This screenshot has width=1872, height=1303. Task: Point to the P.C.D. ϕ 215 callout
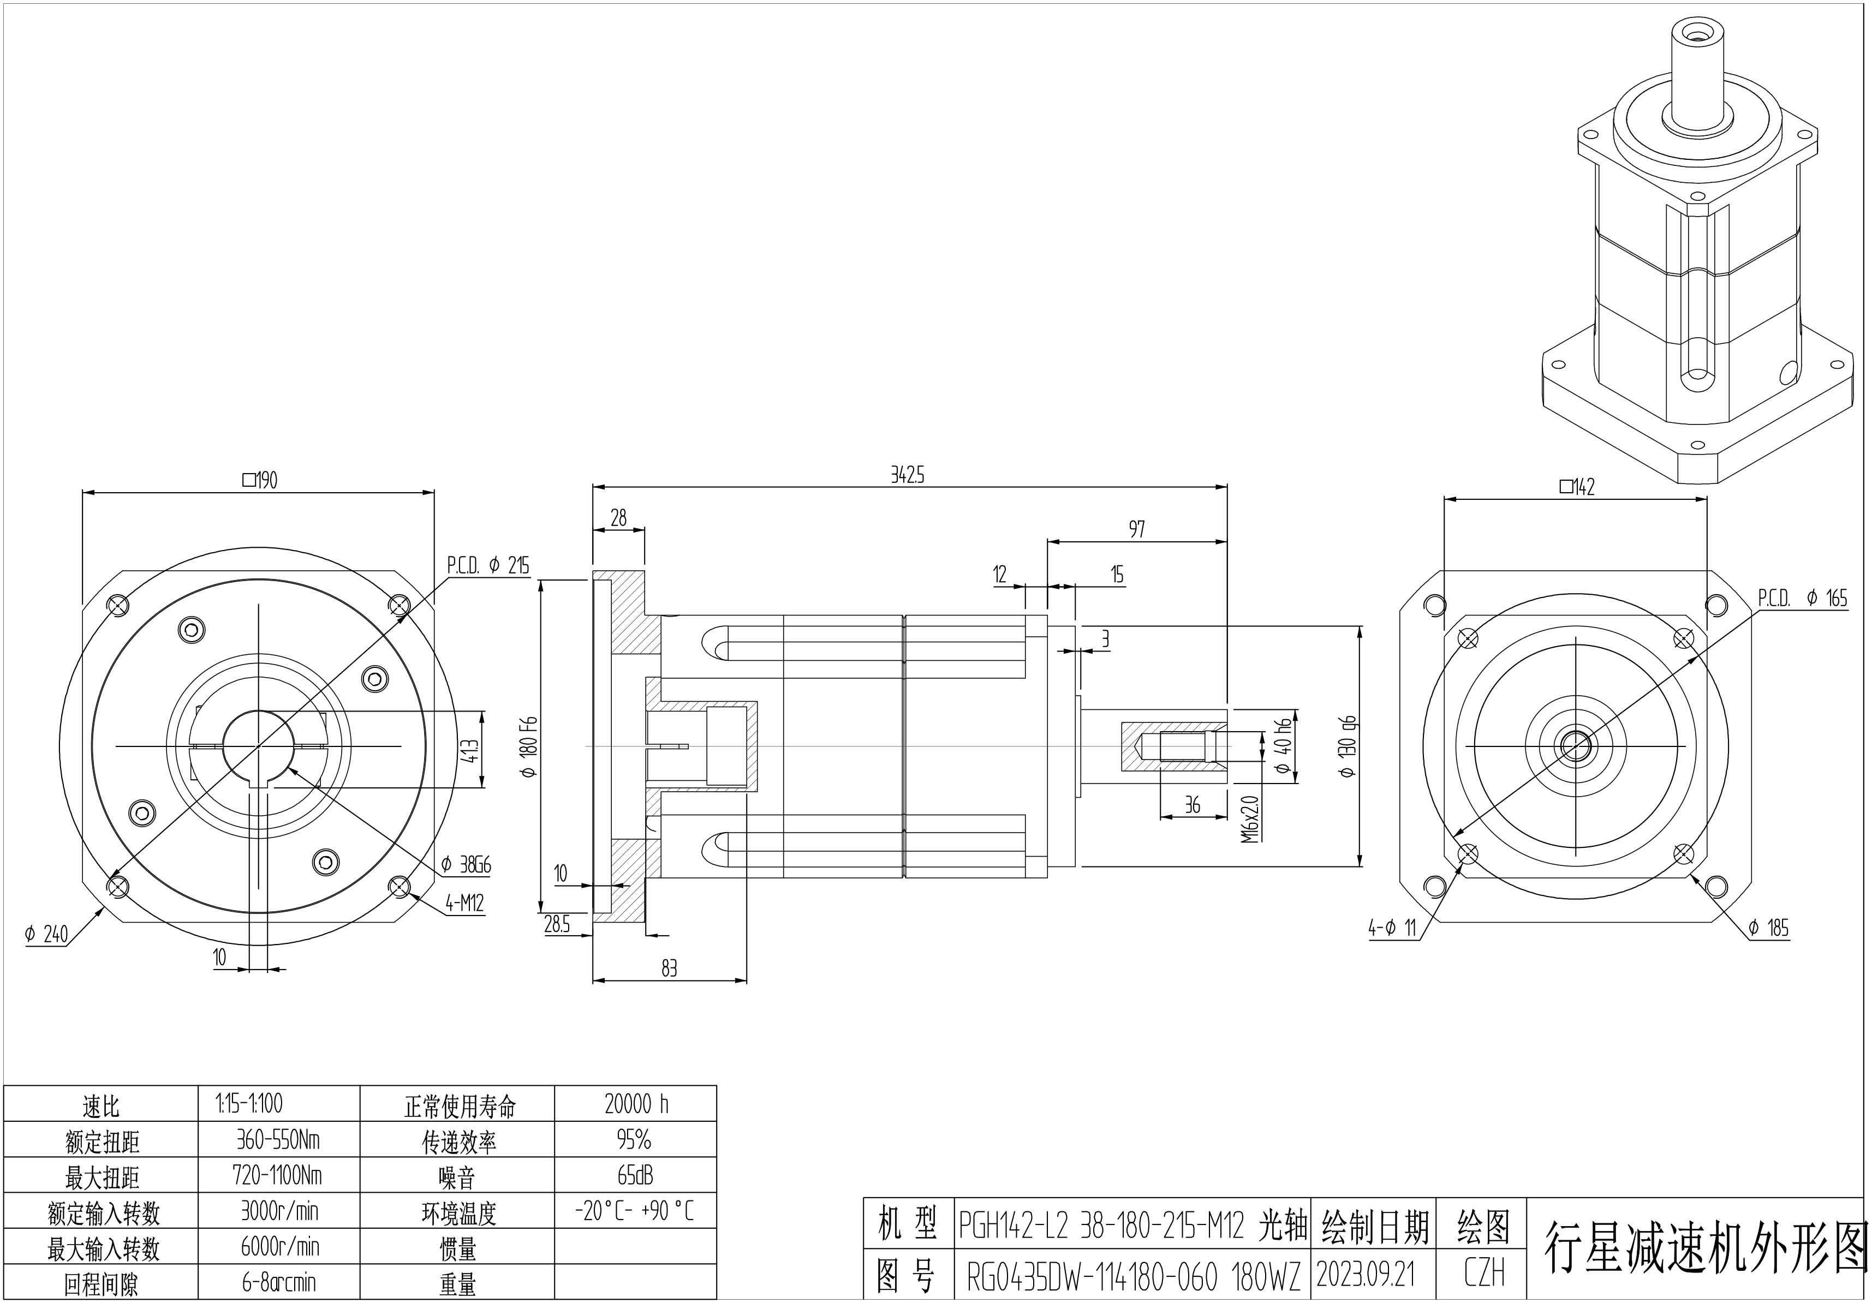487,565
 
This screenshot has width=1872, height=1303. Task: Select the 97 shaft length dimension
1136,530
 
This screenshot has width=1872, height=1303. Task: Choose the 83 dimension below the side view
669,968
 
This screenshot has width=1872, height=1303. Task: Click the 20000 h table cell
636,1104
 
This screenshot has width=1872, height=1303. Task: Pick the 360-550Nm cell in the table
278,1139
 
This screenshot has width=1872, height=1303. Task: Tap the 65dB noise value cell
635,1175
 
